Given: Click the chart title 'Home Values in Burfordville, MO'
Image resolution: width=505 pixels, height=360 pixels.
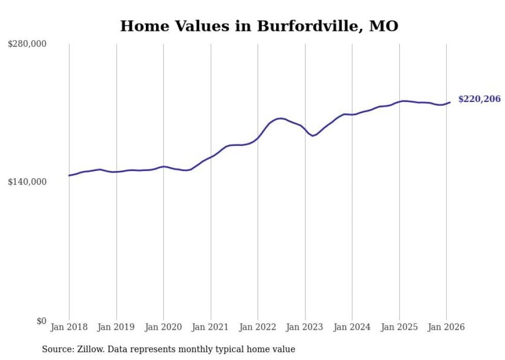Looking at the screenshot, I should tap(259, 26).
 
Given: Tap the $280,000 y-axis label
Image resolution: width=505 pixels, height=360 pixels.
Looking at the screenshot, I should tap(27, 44).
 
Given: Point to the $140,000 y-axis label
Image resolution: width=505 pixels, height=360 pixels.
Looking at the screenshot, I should tap(27, 182).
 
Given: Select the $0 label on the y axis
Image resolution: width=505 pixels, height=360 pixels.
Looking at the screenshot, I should tap(41, 321).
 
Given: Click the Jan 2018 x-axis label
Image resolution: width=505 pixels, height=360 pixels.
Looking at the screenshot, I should tap(69, 327).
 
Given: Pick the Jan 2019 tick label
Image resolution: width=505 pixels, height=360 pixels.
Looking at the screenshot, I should tap(116, 327).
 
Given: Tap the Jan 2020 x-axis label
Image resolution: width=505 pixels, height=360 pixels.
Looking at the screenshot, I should tap(163, 327).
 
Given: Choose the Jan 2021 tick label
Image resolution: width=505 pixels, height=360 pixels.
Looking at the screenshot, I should tap(210, 327).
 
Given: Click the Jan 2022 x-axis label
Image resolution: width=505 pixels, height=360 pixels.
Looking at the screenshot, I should tap(258, 327).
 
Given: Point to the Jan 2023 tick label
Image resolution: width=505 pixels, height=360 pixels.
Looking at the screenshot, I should tap(305, 327).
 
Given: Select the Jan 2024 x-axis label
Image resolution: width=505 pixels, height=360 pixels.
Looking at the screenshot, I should tap(352, 327).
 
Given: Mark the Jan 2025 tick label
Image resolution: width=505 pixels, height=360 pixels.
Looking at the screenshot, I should tap(399, 327).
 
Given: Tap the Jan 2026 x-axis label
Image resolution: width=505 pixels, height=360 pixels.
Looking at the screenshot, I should tap(446, 327).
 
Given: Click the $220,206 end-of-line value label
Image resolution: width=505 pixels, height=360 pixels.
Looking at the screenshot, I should tap(479, 99).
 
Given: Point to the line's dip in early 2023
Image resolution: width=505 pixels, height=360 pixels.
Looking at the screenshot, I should tap(313, 135).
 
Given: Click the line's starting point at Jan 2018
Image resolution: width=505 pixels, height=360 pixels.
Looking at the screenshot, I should tap(69, 176).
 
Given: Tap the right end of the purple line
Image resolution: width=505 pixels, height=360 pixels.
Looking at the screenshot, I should tap(450, 102).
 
